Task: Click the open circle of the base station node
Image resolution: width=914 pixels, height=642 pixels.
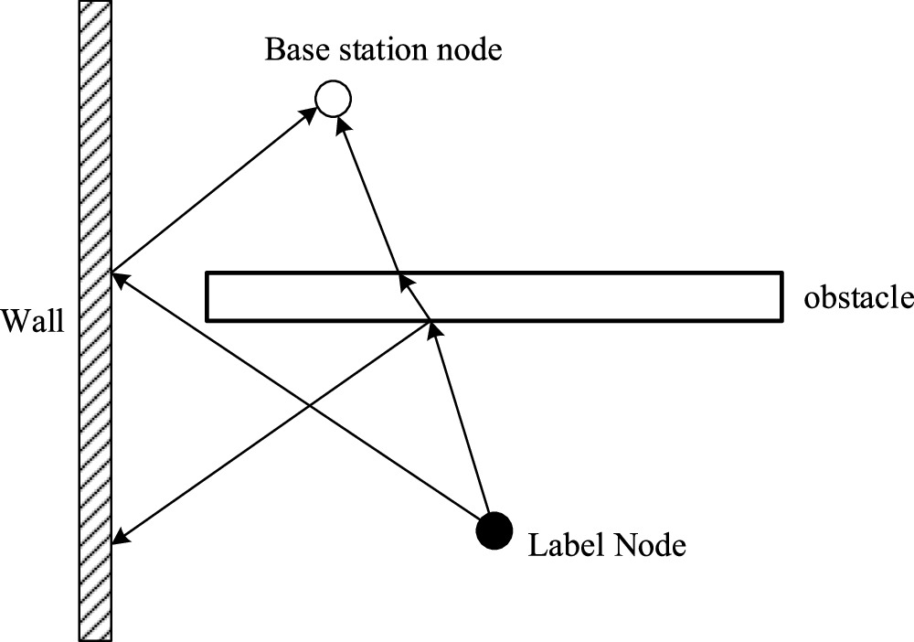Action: pyautogui.click(x=333, y=98)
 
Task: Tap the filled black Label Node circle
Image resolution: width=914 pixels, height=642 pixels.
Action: pyautogui.click(x=494, y=530)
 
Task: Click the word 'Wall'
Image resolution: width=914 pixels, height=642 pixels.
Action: pyautogui.click(x=33, y=321)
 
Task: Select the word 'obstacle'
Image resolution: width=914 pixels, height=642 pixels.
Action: pyautogui.click(x=858, y=299)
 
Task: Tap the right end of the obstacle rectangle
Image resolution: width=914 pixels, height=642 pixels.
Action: pyautogui.click(x=781, y=296)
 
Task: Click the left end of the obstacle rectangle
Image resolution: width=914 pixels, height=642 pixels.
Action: pyautogui.click(x=207, y=296)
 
